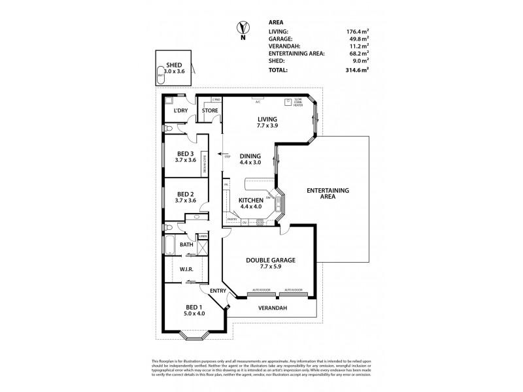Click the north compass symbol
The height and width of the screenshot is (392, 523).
pyautogui.click(x=243, y=28)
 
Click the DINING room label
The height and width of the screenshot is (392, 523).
pyautogui.click(x=250, y=155)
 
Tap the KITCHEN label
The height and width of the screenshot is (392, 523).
pyautogui.click(x=251, y=200)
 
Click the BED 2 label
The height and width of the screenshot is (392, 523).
pyautogui.click(x=185, y=194)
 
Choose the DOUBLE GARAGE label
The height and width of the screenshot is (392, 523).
pyautogui.click(x=271, y=260)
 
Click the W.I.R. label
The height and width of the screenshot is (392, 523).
pyautogui.click(x=185, y=269)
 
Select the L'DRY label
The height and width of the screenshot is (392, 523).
pyautogui.click(x=180, y=110)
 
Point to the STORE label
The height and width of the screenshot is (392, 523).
pyautogui.click(x=209, y=110)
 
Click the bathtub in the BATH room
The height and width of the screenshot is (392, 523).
pyautogui.click(x=169, y=246)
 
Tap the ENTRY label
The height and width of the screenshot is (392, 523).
pyautogui.click(x=217, y=291)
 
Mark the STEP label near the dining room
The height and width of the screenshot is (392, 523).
pyautogui.click(x=228, y=157)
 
